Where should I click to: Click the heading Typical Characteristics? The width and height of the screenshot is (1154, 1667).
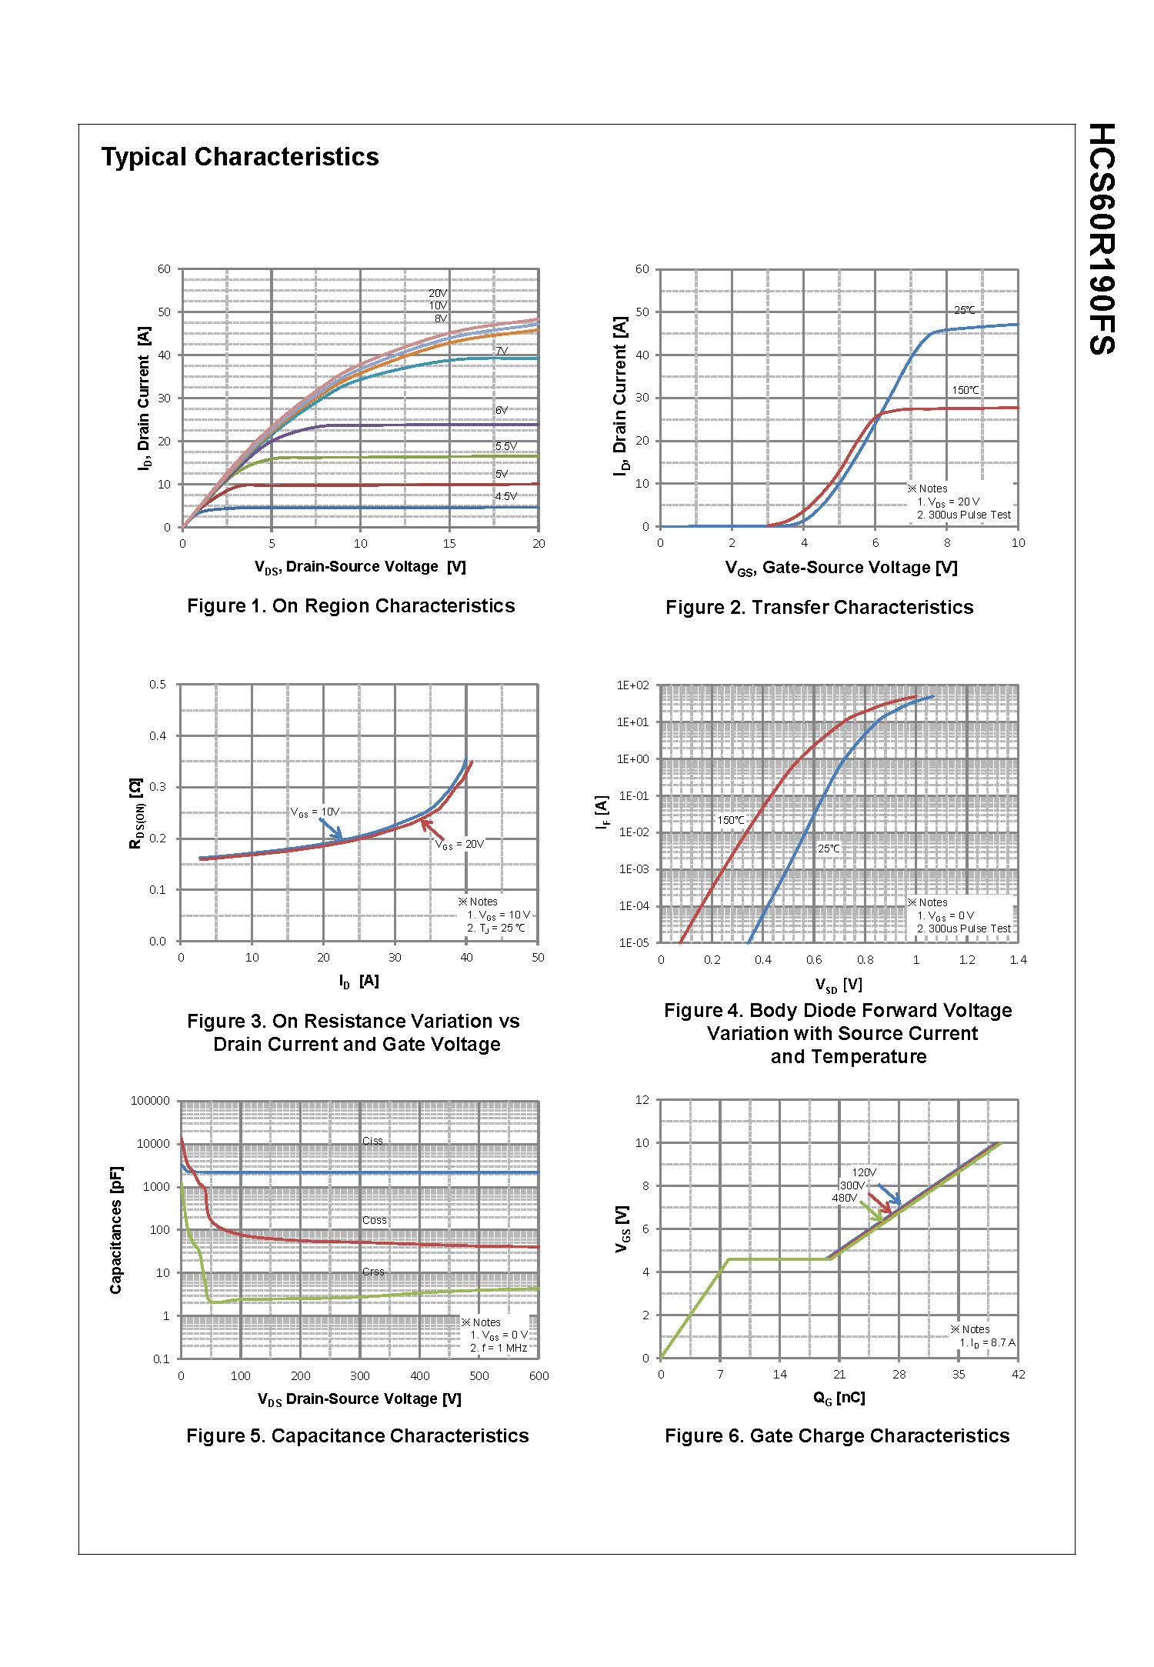pos(240,157)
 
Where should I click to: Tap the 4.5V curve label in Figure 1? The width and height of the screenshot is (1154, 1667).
pos(505,496)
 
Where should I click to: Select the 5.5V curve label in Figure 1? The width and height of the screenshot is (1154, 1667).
pos(505,446)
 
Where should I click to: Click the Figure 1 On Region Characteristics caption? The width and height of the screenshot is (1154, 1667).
pos(351,605)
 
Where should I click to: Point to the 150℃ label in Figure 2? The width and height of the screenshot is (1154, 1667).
pos(966,390)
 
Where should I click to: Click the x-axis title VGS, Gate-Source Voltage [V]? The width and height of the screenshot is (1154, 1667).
pos(841,568)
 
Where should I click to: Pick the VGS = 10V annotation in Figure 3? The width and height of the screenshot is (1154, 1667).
pos(315,812)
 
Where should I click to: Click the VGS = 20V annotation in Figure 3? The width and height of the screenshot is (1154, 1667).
pos(460,844)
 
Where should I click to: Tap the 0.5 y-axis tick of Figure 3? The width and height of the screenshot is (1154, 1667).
pos(157,685)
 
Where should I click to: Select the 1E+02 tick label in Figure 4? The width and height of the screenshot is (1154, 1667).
pos(633,685)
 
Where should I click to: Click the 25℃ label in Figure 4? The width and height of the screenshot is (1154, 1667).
pos(829,849)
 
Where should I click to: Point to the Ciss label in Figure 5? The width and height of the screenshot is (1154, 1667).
pos(372,1141)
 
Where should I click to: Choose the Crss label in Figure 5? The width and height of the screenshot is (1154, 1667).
pos(373,1272)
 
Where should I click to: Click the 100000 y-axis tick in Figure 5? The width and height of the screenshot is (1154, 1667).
pos(150,1101)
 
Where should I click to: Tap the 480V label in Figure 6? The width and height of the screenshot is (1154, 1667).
pos(844,1198)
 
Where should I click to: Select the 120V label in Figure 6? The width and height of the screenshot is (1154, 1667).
pos(864,1172)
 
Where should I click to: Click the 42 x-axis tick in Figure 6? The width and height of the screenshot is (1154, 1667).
pos(1018,1374)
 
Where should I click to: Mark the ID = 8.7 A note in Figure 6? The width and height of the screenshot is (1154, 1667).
pos(987,1342)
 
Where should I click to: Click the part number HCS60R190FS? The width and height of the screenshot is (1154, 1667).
pos(1102,238)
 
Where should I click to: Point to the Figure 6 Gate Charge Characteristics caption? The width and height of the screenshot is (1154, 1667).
pos(837,1435)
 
